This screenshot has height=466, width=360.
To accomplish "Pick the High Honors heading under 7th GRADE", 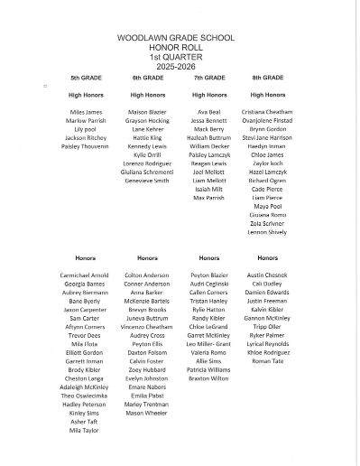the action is (208, 94).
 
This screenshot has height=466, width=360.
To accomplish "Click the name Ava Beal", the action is (208, 111).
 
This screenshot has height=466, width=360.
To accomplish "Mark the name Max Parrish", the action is (208, 197).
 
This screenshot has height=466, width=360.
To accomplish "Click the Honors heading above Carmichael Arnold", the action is (86, 258).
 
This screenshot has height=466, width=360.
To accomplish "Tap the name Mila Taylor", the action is (86, 431).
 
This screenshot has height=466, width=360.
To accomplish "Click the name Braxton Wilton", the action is (208, 378).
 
